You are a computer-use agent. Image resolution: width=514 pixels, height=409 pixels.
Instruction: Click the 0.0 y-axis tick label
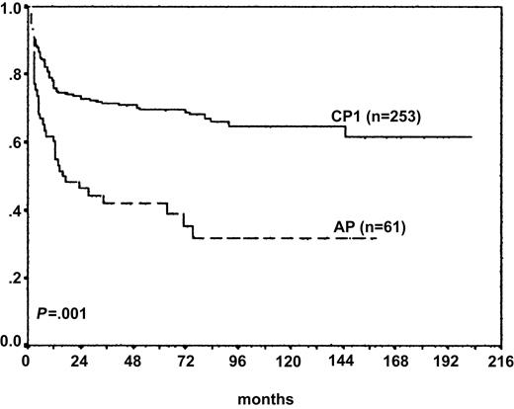(12, 343)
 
